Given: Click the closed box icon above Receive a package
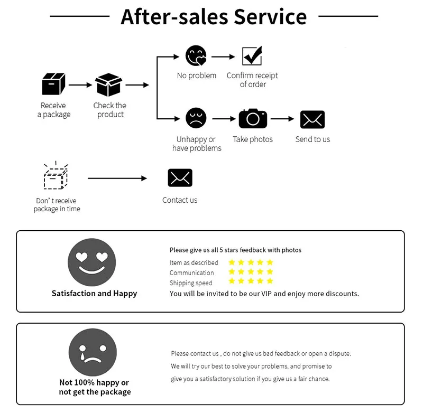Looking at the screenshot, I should point(53,84).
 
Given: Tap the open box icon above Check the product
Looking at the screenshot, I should point(109,84).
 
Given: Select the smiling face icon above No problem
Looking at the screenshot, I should point(196,56).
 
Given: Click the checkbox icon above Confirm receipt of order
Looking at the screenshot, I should point(252,56).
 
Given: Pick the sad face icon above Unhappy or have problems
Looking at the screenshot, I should point(196,118).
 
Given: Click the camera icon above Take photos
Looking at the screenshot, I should point(253,118).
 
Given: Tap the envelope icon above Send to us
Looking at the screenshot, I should point(312,119).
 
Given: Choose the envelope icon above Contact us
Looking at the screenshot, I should point(180,178).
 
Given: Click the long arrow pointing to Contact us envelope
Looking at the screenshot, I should point(117,178).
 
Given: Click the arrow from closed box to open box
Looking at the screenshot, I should point(80,84).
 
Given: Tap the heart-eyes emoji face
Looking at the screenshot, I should point(92,262).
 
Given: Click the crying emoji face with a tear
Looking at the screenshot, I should point(93,353).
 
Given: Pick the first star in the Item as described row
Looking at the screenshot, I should point(232,262).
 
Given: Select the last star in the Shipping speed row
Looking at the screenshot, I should point(270,281).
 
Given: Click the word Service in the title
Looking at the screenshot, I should point(270,16).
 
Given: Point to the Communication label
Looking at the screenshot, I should point(191,273).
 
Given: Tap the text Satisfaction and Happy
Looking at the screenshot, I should point(94,294).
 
